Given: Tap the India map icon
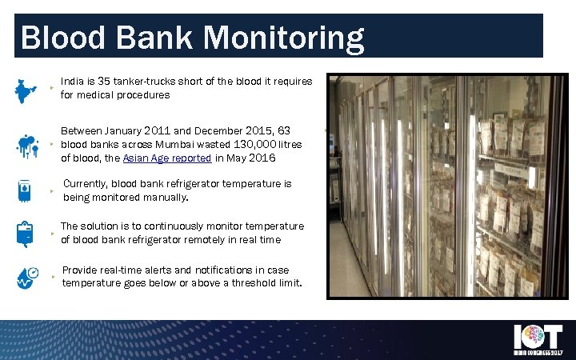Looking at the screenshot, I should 26,90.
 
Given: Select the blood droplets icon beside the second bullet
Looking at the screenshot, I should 26,146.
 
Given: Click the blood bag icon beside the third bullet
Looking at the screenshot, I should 26,190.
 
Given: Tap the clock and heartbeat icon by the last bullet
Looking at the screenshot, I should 26,278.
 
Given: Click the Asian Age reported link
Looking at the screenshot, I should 167,158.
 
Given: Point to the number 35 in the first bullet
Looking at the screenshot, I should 103,82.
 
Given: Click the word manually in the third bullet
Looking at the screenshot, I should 165,197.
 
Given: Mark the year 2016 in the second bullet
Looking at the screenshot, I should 262,158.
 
